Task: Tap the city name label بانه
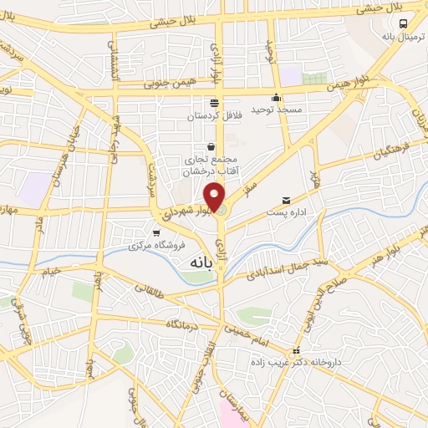click(x=191, y=262)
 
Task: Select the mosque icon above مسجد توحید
click(x=276, y=97)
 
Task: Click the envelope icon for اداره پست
click(x=287, y=201)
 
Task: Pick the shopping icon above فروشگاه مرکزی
click(x=155, y=233)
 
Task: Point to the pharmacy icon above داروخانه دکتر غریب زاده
click(x=294, y=350)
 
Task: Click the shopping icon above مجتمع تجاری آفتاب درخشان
click(x=211, y=146)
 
